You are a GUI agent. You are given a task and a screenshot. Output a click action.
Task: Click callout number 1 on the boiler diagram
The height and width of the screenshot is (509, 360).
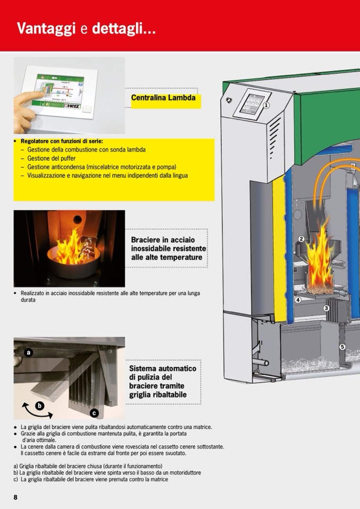(x=266, y=105)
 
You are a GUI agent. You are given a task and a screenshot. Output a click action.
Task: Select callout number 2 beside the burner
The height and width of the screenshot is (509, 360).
(x=301, y=239)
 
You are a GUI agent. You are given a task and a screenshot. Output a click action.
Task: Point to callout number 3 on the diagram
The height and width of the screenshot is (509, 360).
(x=326, y=308)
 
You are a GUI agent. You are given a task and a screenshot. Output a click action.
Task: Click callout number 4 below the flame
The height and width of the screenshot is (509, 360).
(x=298, y=300)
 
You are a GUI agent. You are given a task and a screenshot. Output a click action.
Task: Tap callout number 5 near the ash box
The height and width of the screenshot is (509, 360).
(x=342, y=347)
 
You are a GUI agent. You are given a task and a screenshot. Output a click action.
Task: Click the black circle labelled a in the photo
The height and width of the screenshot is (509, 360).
(x=29, y=352)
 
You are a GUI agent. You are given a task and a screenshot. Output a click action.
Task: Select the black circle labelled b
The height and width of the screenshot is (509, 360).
(x=40, y=406)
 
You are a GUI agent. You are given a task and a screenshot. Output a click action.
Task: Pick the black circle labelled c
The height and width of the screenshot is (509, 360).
(x=94, y=413)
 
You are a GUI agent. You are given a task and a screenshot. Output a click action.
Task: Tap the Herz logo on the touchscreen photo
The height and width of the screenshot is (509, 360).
(x=72, y=106)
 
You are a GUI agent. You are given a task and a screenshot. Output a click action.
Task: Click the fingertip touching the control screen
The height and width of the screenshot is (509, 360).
(x=40, y=94)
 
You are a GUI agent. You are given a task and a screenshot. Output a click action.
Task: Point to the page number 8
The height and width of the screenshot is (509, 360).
(x=15, y=497)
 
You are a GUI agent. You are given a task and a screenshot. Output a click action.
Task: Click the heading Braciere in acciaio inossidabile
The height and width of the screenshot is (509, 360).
(x=168, y=248)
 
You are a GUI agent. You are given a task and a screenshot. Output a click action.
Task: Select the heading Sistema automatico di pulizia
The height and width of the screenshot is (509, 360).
(x=162, y=382)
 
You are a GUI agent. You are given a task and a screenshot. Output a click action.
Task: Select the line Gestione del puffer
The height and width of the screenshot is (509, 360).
(x=52, y=158)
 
